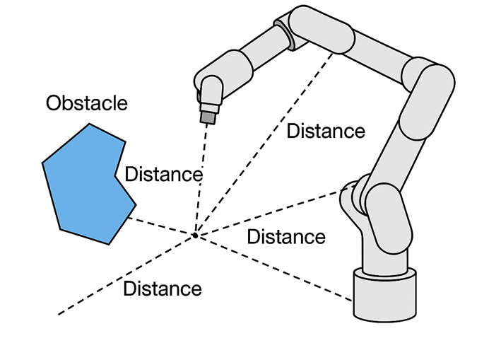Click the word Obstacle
[x=87, y=103]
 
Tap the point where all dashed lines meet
[x=195, y=234]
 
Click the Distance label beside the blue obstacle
[x=163, y=174]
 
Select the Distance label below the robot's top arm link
[x=326, y=131]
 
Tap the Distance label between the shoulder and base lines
[x=286, y=236]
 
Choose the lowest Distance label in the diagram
[x=162, y=289]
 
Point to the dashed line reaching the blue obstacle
[x=163, y=225]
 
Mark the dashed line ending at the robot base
[x=276, y=268]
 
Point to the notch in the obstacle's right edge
[x=117, y=173]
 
